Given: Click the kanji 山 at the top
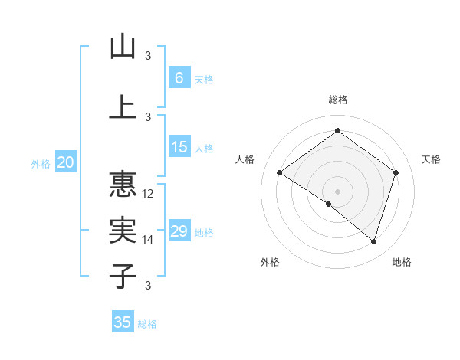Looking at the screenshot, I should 123,47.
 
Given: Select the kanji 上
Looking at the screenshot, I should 123,106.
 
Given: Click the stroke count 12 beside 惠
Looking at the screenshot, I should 149,194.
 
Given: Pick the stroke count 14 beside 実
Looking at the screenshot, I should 149,240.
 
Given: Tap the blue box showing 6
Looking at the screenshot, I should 179,78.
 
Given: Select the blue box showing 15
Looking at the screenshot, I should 179,148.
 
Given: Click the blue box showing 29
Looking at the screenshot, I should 179,231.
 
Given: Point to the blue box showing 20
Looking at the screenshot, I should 66,162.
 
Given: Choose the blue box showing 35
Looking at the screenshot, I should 123,322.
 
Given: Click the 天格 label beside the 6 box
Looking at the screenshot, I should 204,79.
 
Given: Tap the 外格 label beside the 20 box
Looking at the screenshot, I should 41,163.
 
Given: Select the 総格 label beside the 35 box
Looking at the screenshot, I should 147,323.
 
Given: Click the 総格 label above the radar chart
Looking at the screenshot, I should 337,100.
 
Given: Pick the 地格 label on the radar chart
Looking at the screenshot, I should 402,263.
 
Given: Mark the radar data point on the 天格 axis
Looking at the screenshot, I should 396,172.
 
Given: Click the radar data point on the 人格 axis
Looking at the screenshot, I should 279,172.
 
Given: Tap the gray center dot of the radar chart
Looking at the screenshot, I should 337,191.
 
